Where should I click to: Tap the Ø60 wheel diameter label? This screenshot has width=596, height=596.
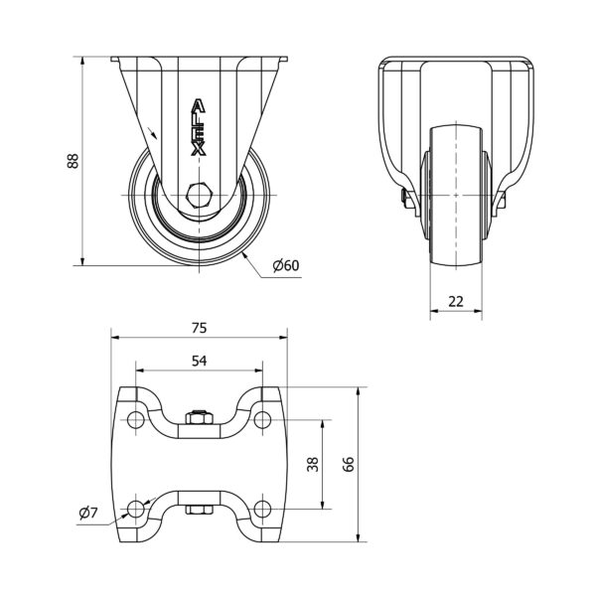(285, 265)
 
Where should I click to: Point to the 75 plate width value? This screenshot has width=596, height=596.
(199, 327)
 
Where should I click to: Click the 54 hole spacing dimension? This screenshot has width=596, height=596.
(199, 362)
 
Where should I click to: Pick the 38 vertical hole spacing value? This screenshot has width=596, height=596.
(311, 464)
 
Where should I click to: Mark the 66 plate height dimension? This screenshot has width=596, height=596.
(348, 464)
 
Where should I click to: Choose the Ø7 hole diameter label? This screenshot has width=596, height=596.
(87, 513)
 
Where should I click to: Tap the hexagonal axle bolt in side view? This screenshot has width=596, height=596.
(199, 194)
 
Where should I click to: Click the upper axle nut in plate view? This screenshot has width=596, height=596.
(199, 417)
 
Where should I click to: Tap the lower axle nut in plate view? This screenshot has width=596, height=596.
(199, 511)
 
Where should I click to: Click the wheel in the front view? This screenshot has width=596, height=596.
(456, 194)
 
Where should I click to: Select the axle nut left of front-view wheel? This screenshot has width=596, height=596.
(406, 201)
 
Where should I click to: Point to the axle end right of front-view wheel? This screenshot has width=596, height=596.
(501, 201)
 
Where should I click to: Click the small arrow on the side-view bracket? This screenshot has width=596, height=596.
(151, 133)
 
